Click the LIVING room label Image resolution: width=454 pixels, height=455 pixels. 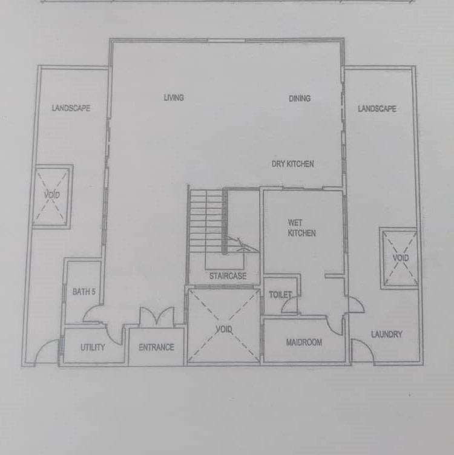coord(174,98)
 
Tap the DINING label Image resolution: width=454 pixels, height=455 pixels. coord(300,99)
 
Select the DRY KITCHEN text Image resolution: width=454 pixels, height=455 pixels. coord(292,164)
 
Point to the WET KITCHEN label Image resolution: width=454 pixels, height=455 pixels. coord(301,228)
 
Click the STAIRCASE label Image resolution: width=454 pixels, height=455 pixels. coord(228,276)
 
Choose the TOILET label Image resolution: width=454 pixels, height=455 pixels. coord(280,295)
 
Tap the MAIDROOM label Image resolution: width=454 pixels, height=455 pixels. coord(304,342)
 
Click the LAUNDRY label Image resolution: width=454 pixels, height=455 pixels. coord(387,334)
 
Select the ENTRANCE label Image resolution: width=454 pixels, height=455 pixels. coord(156,347)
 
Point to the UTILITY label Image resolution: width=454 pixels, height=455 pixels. coord(93,347)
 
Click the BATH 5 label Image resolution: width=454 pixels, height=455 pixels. coord(84,292)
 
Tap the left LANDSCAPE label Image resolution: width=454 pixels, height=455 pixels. coord(71,108)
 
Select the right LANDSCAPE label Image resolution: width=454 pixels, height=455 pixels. coord(377,109)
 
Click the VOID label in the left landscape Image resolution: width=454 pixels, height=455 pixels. coord(52,195)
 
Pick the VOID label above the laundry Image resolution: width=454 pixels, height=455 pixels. coord(401,258)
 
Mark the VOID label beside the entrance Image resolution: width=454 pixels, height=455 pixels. coord(224,329)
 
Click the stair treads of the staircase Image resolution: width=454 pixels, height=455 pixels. coord(206,220)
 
